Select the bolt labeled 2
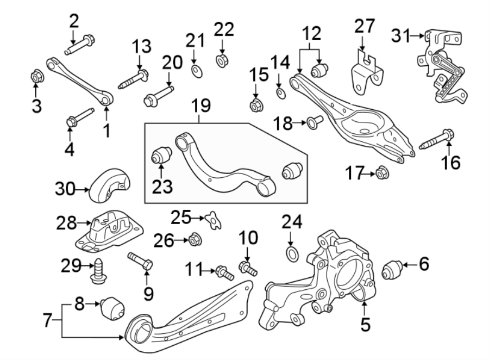click(x=80, y=45)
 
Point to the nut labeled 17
click(x=381, y=173)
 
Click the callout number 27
click(x=365, y=26)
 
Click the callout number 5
click(x=365, y=325)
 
